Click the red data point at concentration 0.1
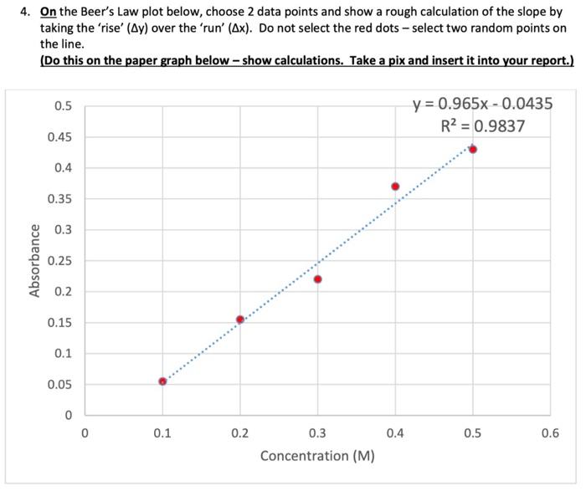click(x=162, y=381)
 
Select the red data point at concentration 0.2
click(x=240, y=320)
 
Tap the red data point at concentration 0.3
click(x=317, y=279)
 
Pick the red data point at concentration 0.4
click(x=395, y=187)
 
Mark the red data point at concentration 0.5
click(x=473, y=150)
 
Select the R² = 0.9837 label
click(x=483, y=126)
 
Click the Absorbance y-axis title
click(x=35, y=260)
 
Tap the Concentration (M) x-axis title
click(x=317, y=456)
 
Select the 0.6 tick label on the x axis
click(x=550, y=433)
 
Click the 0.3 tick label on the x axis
click(x=317, y=433)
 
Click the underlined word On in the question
click(x=49, y=13)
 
